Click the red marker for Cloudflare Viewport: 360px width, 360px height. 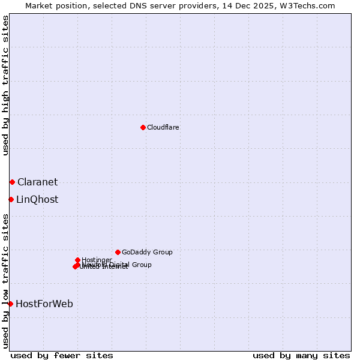coord(143,127)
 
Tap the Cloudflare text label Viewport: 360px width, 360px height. coord(163,127)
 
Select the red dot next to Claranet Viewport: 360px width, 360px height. coord(12,182)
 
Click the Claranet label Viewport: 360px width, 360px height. coord(38,182)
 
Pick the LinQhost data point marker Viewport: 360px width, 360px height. coord(11,199)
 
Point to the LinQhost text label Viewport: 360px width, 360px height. coord(37,200)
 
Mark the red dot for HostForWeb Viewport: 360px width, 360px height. coord(10,304)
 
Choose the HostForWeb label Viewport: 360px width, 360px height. coord(44,304)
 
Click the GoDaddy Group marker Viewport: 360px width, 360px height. coord(118,252)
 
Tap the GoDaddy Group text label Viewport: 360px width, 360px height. coord(147,252)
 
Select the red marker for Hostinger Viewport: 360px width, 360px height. coord(77,260)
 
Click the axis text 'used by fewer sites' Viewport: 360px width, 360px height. coord(62,355)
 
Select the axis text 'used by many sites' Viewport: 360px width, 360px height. coord(301,355)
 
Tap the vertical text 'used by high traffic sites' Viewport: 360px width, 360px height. coord(5,85)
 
